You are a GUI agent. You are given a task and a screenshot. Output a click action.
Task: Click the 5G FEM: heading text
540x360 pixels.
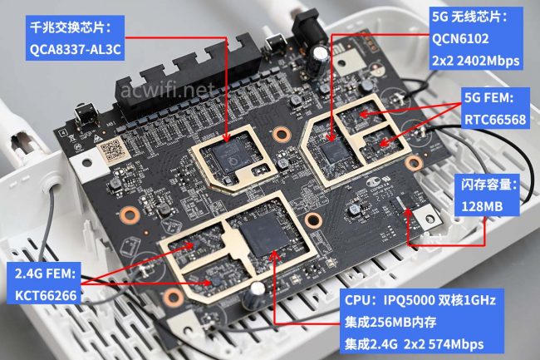coord(493,98)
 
